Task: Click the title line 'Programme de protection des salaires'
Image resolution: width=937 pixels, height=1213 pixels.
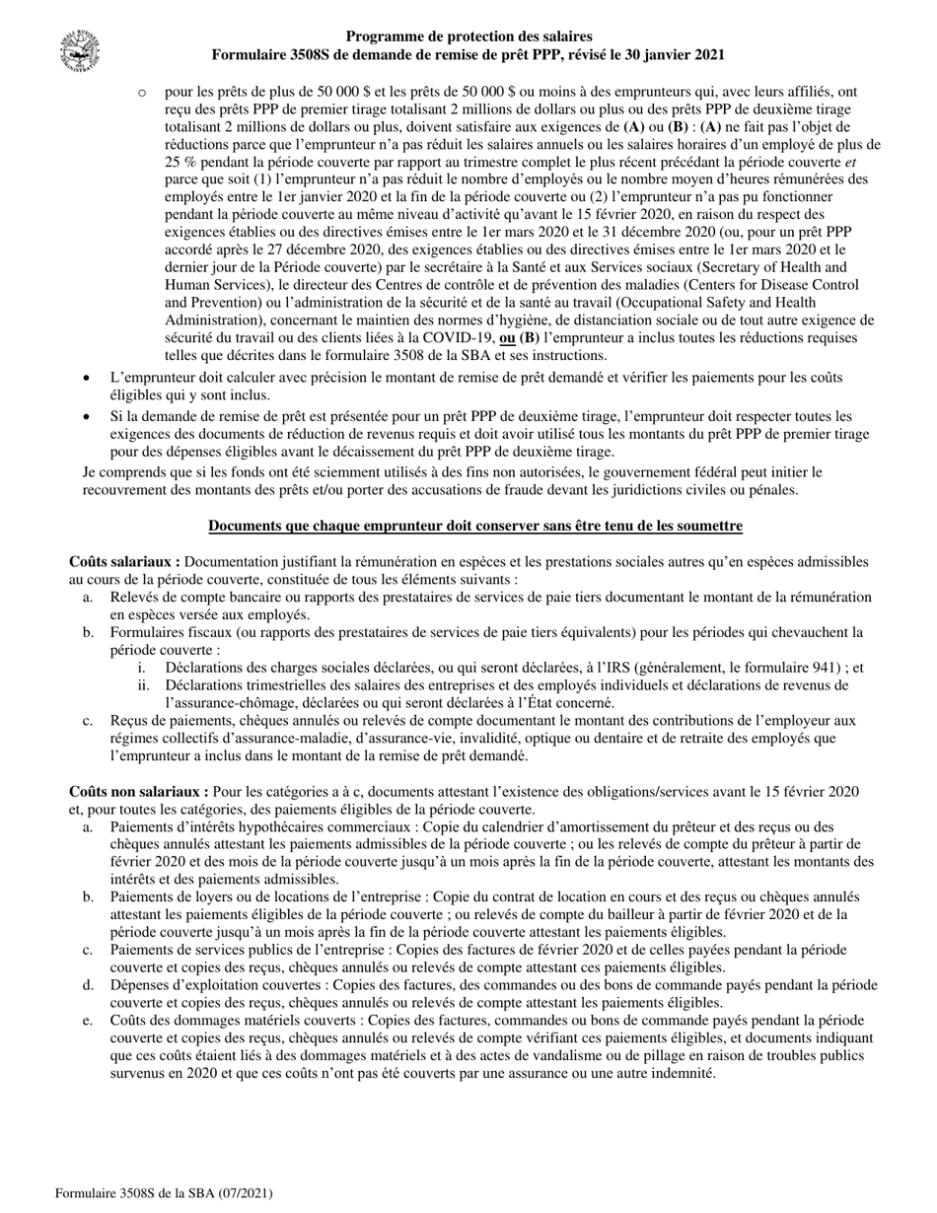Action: [x=469, y=37]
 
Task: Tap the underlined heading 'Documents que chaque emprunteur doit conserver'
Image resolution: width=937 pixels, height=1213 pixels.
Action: [x=474, y=526]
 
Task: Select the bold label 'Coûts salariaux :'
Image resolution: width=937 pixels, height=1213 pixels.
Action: [x=124, y=562]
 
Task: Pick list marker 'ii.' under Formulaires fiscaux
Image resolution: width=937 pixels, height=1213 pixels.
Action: [x=145, y=685]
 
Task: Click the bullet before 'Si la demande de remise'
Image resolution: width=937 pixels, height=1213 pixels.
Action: [x=89, y=417]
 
